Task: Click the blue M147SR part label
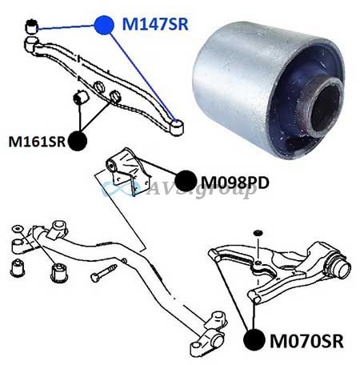155,24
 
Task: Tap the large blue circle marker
104,25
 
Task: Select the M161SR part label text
37,142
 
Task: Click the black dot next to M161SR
78,141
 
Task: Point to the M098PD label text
234,182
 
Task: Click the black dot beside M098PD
186,181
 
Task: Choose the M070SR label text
306,341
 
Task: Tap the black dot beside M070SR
254,339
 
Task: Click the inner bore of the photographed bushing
326,109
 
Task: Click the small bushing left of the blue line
31,26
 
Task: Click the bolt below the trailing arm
103,273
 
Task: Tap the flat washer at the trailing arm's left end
18,229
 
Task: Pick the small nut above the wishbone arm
258,233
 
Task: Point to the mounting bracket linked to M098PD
128,170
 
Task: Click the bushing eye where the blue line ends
176,128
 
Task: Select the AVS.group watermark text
202,189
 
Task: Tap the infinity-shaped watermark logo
120,188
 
